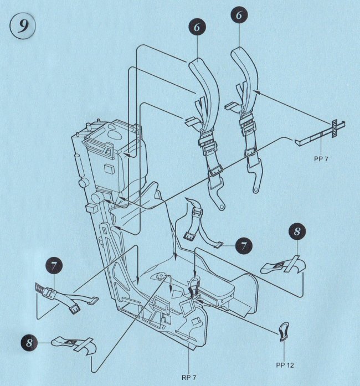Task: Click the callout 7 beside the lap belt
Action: point(244,246)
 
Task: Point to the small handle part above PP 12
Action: point(284,330)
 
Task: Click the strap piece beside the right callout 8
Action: point(282,267)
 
